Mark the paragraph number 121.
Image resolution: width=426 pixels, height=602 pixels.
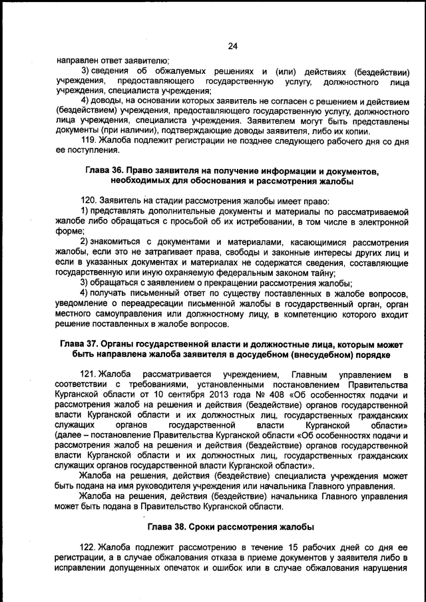point(89,375)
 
